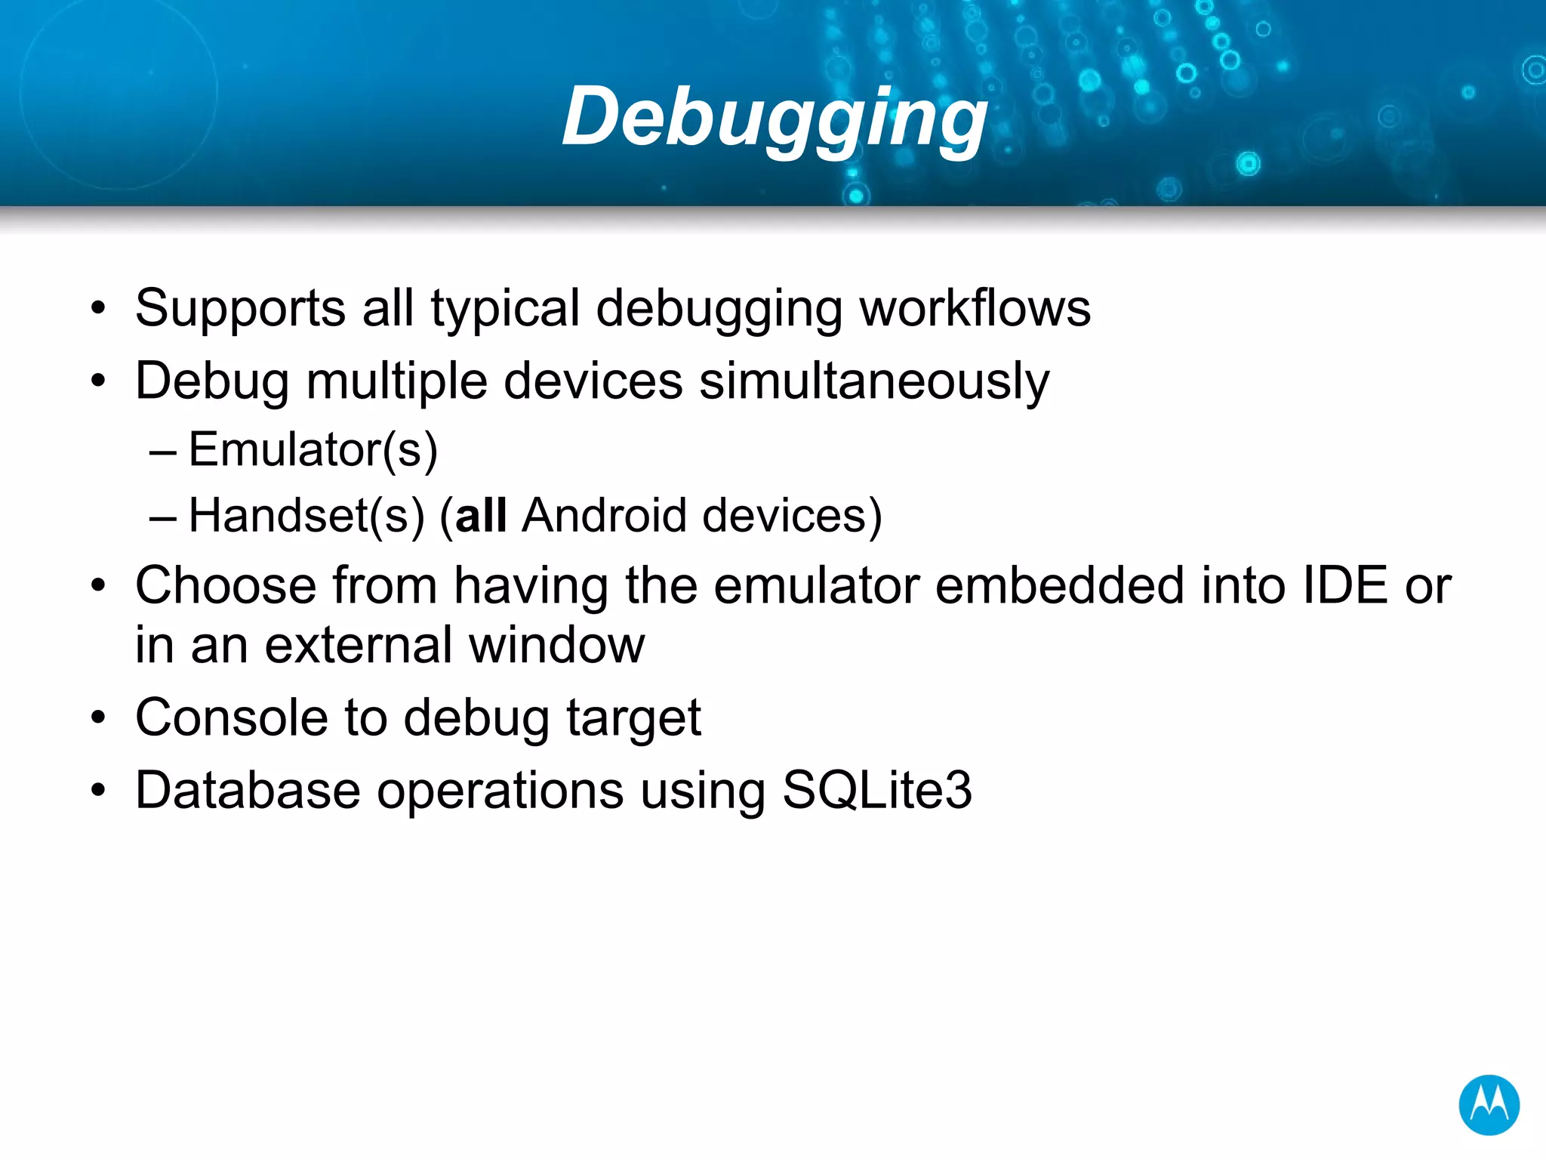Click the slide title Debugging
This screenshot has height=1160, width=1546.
point(775,117)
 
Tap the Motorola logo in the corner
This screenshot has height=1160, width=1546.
point(1489,1105)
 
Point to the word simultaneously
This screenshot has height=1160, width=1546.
point(874,381)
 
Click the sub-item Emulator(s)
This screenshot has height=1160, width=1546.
point(313,450)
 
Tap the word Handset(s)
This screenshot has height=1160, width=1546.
point(306,516)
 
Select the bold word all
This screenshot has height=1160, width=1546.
point(481,516)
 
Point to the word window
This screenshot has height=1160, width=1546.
point(556,645)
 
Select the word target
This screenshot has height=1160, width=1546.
point(633,718)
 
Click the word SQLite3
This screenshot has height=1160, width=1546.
point(877,791)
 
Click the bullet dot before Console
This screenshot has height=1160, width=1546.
point(98,718)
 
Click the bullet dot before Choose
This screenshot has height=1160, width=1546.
point(98,587)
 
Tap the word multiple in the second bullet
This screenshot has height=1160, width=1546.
point(396,381)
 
